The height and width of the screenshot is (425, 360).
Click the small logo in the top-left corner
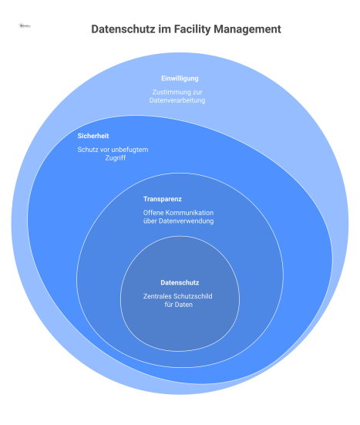[x=25, y=25]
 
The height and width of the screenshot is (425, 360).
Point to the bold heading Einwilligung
[x=180, y=79]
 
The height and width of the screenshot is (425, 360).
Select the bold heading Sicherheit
[x=94, y=137]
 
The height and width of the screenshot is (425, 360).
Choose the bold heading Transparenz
[x=162, y=199]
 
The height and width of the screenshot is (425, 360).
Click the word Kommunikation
[x=187, y=212]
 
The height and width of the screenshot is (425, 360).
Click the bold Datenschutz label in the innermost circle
[x=179, y=282]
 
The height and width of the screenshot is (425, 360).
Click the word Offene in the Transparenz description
[x=153, y=212]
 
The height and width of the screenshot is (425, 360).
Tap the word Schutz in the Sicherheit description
[x=88, y=150]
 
